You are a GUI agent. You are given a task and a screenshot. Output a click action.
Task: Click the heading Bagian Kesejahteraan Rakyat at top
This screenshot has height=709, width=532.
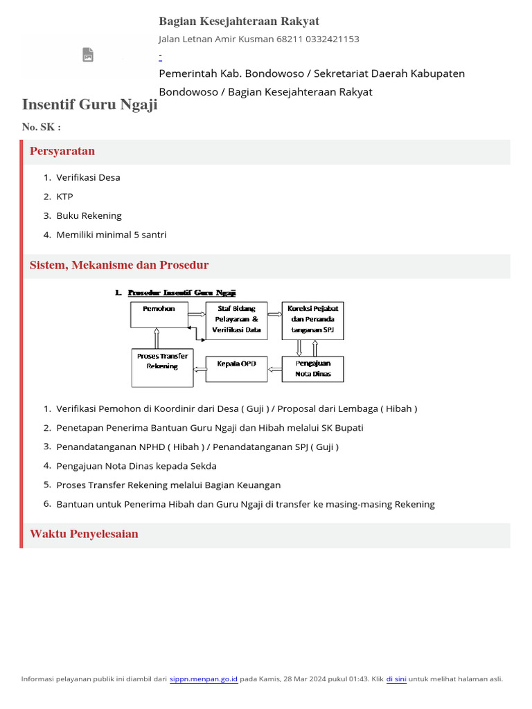239,21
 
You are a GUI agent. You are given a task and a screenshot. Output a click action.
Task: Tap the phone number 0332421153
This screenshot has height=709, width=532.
328,39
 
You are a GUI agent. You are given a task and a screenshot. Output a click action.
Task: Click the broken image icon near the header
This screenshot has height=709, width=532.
88,55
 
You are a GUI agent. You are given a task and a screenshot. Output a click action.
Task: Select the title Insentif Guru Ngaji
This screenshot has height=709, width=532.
90,105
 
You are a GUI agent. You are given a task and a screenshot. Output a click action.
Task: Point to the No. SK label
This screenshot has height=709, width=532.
42,127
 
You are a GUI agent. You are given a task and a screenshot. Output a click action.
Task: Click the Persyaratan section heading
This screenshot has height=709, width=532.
62,151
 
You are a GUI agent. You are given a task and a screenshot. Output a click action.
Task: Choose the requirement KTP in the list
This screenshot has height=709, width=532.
64,197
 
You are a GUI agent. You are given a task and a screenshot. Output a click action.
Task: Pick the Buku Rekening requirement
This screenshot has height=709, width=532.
89,215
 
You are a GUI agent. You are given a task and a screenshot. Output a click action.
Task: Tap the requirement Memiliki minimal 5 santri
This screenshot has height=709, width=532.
111,235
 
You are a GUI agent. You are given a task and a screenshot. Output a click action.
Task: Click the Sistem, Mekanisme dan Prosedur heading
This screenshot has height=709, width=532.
119,265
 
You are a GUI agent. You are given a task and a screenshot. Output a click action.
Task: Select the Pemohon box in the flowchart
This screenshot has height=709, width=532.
159,314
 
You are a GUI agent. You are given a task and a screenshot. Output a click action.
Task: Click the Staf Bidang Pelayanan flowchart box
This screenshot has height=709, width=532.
236,320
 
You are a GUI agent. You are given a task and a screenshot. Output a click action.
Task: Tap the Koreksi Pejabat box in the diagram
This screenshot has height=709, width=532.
312,320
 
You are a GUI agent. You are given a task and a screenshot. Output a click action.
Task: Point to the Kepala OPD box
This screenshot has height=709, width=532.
236,368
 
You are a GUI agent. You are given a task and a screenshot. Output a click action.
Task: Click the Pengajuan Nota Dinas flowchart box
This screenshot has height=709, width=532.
312,368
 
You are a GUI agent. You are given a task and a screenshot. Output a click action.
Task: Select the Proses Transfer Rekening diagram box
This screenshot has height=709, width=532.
162,367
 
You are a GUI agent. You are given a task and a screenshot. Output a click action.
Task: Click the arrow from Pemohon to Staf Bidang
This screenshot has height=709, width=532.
197,314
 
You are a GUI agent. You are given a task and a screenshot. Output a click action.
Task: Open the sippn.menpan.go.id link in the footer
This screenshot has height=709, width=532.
204,679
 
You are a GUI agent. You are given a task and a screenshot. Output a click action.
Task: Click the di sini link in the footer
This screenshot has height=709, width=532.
396,679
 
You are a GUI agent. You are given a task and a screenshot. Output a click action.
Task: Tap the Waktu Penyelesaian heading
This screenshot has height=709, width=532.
84,534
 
